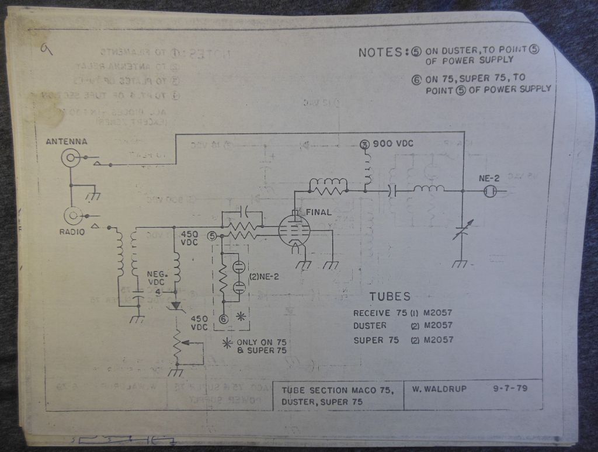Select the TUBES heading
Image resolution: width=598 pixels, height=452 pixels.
coord(390,297)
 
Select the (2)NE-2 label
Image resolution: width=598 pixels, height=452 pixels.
coord(262,277)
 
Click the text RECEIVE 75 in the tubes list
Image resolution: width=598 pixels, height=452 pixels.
coord(380,312)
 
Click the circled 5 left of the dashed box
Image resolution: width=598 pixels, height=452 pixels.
coord(212,235)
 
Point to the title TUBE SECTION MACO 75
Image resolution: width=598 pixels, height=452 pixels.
coord(335,390)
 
